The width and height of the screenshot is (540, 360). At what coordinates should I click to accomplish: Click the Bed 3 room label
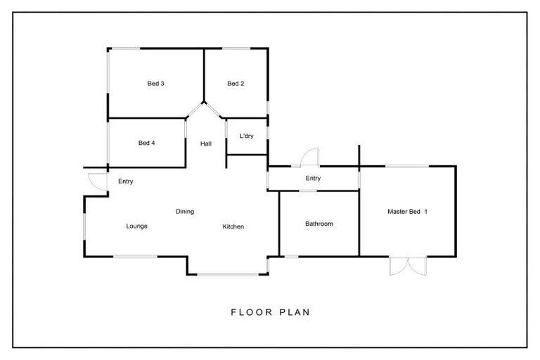[x=155, y=84]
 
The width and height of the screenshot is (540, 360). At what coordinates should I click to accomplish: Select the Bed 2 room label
[x=236, y=84]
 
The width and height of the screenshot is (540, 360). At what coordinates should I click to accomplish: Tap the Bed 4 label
[x=146, y=143]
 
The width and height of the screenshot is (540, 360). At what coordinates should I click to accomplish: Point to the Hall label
[x=205, y=143]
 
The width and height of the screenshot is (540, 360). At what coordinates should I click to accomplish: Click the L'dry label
[x=246, y=136]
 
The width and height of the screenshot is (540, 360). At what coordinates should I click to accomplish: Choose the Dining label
[x=185, y=211]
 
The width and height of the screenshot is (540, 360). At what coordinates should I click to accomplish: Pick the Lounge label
[x=136, y=226]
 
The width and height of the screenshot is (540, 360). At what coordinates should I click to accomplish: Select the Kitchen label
[x=233, y=226]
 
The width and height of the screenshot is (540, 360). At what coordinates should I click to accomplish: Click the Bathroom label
[x=319, y=224]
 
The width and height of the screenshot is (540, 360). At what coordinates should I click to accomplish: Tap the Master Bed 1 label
[x=407, y=211]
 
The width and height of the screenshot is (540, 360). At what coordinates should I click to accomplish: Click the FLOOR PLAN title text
[x=270, y=311]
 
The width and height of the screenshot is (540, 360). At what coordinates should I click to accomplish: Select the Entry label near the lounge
[x=126, y=181]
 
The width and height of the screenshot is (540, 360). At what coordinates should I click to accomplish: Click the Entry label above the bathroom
[x=313, y=179]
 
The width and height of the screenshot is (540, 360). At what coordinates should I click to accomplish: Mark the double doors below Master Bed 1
[x=407, y=266]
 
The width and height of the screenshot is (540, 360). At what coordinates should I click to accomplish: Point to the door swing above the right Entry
[x=310, y=157]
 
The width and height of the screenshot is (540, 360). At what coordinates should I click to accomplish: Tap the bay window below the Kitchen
[x=227, y=274]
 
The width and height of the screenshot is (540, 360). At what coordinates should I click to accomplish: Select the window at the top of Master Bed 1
[x=406, y=166]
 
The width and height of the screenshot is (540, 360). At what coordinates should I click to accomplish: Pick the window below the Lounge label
[x=136, y=256]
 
